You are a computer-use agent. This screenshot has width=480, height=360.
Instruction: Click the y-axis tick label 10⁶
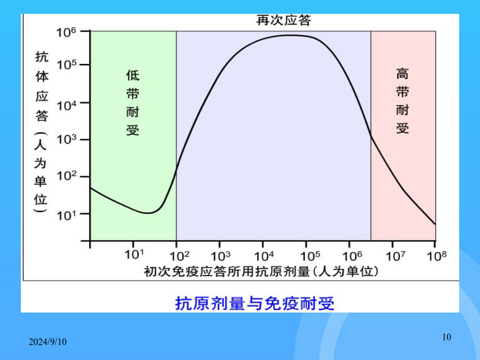tap(66, 32)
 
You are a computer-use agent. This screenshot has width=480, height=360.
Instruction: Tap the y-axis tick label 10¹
tap(66, 215)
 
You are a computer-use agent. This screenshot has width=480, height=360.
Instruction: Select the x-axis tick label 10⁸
tap(437, 256)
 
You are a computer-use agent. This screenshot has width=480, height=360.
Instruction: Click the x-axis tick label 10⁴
tap(264, 256)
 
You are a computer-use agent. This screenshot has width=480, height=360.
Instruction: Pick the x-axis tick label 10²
tap(179, 256)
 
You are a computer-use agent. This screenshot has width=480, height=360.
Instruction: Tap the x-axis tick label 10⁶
tap(352, 256)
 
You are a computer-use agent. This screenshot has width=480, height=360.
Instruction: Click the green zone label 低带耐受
tap(133, 102)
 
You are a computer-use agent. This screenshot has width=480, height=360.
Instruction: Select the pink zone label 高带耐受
tap(402, 101)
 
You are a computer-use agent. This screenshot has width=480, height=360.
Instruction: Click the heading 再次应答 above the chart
tap(284, 20)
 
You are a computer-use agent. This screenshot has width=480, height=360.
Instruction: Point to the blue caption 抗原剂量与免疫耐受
tap(255, 303)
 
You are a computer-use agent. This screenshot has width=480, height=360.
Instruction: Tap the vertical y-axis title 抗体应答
tap(42, 86)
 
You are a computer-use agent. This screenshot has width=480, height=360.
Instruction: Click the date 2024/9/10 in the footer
tap(47, 342)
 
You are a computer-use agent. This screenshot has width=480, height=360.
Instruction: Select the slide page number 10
tap(446, 337)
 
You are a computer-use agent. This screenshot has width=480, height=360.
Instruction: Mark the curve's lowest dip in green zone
tap(148, 213)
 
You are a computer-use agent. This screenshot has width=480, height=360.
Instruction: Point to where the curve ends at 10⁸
tap(435, 224)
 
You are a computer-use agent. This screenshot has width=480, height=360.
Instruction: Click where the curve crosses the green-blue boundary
tap(177, 171)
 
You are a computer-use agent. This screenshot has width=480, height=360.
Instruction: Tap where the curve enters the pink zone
tap(371, 135)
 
